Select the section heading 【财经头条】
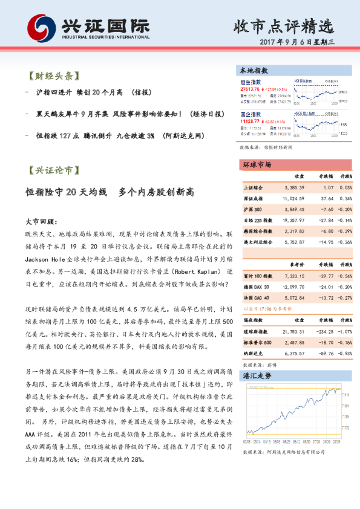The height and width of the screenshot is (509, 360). coord(54,76)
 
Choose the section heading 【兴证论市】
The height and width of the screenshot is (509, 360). coord(54,171)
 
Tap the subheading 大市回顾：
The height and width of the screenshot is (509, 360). coord(41,222)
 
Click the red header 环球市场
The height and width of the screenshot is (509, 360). coord(257,165)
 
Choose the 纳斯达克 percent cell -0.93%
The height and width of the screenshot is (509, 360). coord(345,353)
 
